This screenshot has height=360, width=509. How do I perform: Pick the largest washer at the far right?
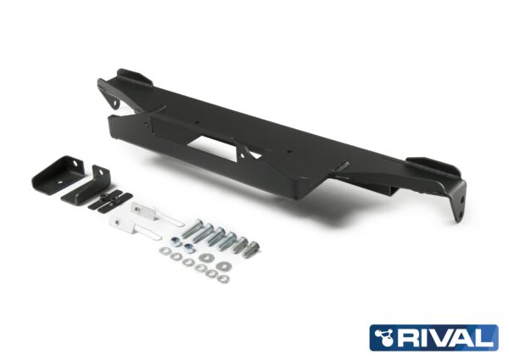(223, 267)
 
